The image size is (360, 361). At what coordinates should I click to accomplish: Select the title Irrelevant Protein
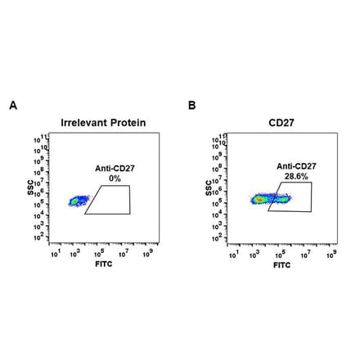click(103, 124)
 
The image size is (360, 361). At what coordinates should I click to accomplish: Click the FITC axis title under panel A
click(102, 265)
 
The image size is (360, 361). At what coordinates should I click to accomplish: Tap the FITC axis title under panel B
click(281, 265)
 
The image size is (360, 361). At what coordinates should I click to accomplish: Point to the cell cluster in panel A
click(78, 200)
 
